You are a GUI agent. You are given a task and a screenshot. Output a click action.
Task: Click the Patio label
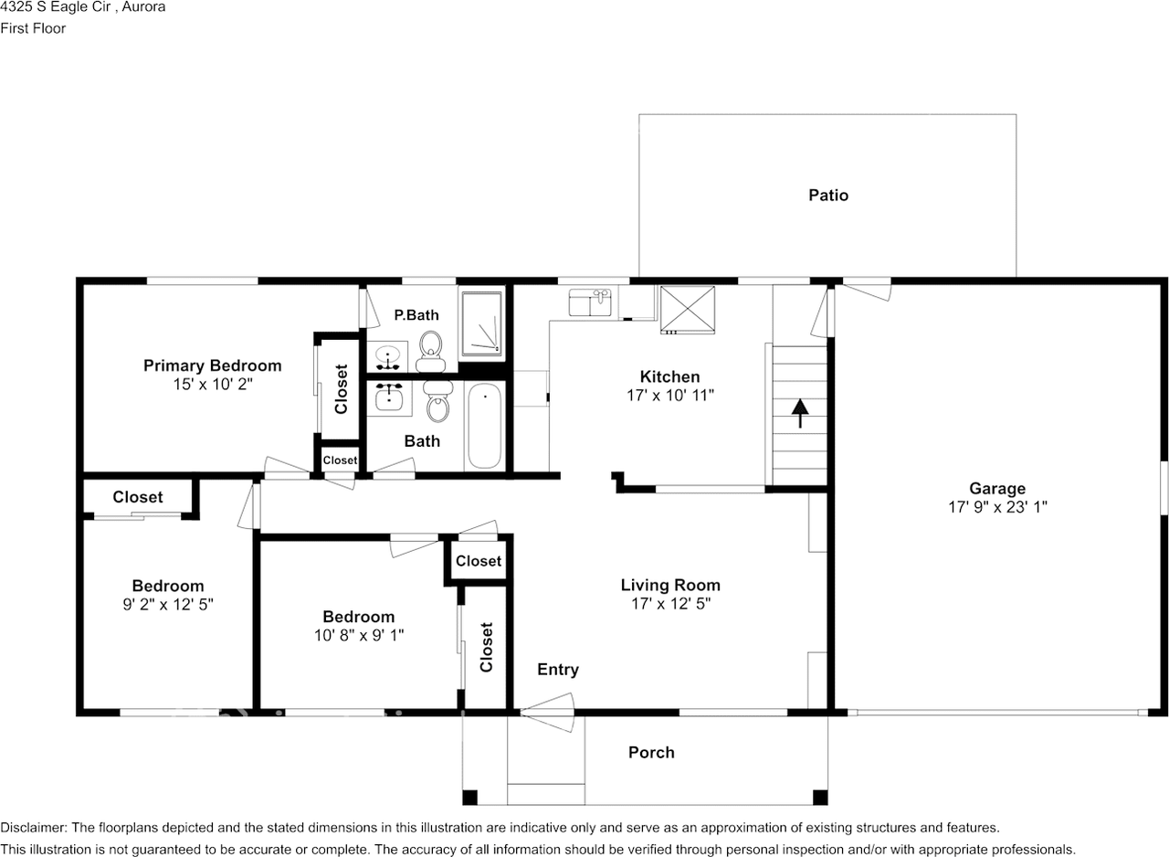(828, 196)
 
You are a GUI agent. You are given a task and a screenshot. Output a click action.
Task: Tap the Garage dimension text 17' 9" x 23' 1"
(997, 507)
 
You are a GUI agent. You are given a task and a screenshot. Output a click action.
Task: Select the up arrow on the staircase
(800, 413)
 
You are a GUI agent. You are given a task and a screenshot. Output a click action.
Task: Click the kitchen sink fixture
(590, 302)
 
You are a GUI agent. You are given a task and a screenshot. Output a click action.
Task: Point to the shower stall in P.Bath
(481, 323)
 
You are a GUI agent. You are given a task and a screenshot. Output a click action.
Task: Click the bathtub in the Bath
(484, 426)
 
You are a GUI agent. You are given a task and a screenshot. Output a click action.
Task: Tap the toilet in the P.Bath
(430, 351)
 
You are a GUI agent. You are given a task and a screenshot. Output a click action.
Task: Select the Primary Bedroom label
(213, 365)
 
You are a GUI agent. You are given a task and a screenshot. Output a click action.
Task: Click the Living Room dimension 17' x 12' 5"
(670, 603)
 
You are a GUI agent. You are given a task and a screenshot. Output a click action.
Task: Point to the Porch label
(651, 752)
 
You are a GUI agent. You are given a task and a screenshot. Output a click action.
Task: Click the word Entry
(558, 670)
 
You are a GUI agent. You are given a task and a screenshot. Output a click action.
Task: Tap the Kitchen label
(670, 376)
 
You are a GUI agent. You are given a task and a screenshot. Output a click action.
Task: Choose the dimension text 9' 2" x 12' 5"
(168, 605)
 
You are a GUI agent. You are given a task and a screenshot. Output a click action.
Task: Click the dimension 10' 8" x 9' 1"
(359, 635)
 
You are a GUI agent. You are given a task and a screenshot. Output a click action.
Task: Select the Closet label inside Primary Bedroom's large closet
(341, 389)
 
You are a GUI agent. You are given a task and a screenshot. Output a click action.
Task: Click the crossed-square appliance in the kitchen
(688, 310)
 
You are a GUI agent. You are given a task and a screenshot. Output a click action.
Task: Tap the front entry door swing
(547, 713)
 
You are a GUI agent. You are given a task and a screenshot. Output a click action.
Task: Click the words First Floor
(33, 28)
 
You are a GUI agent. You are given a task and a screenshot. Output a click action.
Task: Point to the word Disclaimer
(34, 828)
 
